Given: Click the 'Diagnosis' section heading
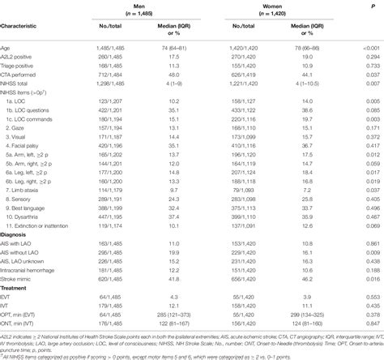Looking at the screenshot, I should tap(18, 236).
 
